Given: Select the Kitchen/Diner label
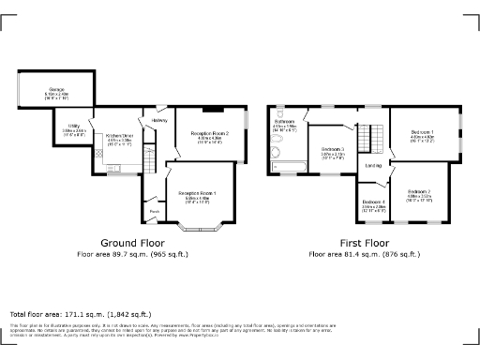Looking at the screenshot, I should point(120,137).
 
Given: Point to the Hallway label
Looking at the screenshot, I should point(158,119).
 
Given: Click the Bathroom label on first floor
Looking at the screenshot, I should point(285,122).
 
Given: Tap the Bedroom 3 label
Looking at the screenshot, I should point(333,150).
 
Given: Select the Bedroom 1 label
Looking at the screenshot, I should point(423,132).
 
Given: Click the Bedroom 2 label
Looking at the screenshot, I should point(419,190).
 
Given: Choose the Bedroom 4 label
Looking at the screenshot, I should point(374,202).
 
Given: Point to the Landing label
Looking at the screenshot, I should point(372,166).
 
